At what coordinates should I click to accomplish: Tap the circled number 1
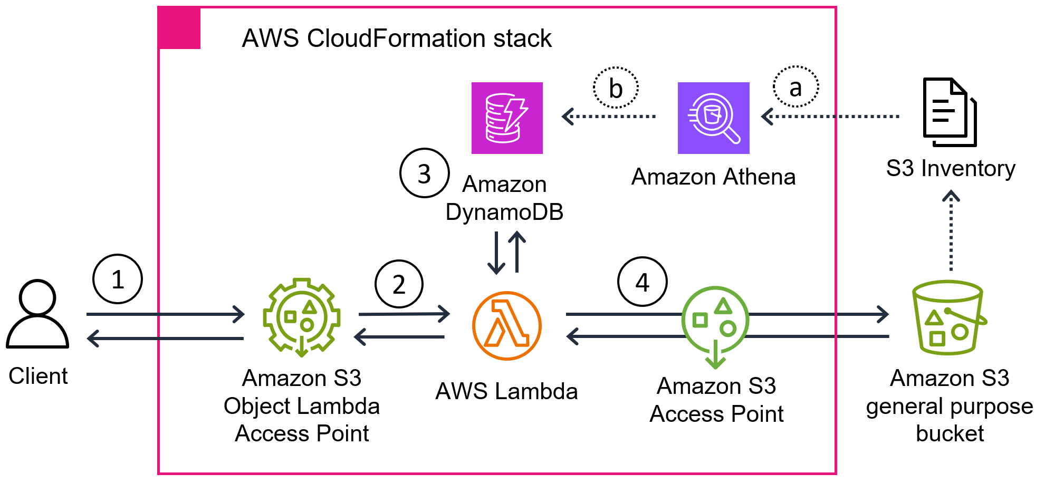[118, 279]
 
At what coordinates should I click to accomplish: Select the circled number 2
[399, 284]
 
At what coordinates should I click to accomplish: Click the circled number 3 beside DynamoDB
[424, 173]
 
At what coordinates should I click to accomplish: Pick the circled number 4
[642, 282]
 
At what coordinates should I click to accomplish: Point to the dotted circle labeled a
[795, 87]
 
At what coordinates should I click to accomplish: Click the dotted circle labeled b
[616, 88]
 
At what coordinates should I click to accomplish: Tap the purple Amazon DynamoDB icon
[507, 118]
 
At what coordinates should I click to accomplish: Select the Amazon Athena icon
[713, 118]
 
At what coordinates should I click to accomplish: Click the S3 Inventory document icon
[949, 112]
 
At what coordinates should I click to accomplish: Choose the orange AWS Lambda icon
[506, 326]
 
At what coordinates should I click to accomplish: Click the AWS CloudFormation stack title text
[396, 38]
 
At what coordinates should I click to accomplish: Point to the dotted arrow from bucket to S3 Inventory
[951, 232]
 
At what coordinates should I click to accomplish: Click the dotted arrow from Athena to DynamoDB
[609, 116]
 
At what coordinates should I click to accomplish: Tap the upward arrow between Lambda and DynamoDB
[517, 252]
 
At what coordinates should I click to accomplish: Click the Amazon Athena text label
[713, 177]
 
